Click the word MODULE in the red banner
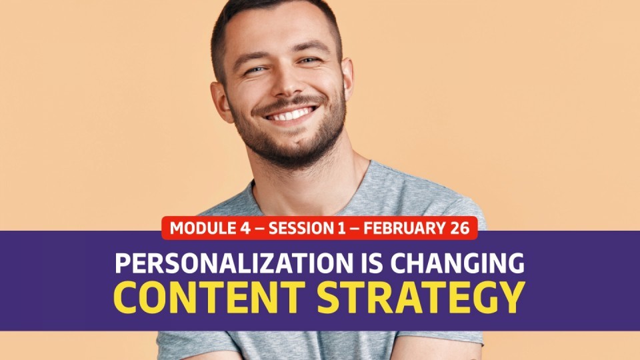pyautogui.click(x=203, y=228)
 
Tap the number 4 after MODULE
pyautogui.click(x=245, y=228)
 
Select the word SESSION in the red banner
pyautogui.click(x=301, y=228)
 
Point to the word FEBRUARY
pyautogui.click(x=405, y=228)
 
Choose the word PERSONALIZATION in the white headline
pyautogui.click(x=234, y=263)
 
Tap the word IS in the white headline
pyautogui.click(x=372, y=263)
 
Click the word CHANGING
pyautogui.click(x=457, y=263)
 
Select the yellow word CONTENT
pyautogui.click(x=209, y=297)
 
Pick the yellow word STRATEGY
pyautogui.click(x=421, y=297)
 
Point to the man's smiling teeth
pyautogui.click(x=291, y=114)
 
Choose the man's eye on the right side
pyautogui.click(x=309, y=61)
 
